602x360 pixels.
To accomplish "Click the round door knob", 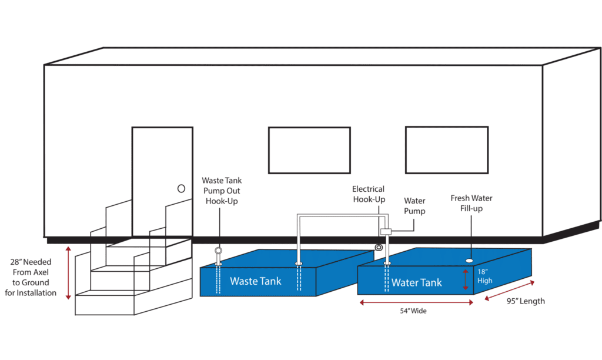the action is [x=181, y=189].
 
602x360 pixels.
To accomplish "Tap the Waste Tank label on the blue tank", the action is [x=256, y=281].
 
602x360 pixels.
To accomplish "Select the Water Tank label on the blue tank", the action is [x=417, y=283].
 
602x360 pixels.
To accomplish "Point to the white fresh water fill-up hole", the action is [x=469, y=261].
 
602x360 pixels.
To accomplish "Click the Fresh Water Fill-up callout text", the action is [x=471, y=204].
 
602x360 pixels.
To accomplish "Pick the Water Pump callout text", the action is [x=414, y=206].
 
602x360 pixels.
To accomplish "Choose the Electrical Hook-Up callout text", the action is [x=369, y=194].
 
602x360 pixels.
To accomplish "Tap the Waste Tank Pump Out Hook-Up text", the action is [x=222, y=191].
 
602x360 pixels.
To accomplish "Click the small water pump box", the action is [x=386, y=232].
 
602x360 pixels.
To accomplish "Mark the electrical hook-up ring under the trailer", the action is [x=379, y=248].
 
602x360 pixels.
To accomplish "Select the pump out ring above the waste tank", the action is [x=219, y=251].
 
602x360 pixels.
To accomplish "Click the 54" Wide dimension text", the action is [x=413, y=311].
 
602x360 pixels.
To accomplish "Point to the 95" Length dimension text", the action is [x=526, y=301].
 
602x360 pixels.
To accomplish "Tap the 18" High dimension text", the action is [x=484, y=276].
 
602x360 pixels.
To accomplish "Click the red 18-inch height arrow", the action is [x=466, y=279].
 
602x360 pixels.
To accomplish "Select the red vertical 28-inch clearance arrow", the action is [x=68, y=273].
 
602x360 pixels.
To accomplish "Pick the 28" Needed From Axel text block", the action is [x=31, y=278].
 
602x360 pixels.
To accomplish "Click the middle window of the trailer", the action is [x=309, y=150].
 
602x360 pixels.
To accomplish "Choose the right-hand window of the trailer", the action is [x=447, y=150].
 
